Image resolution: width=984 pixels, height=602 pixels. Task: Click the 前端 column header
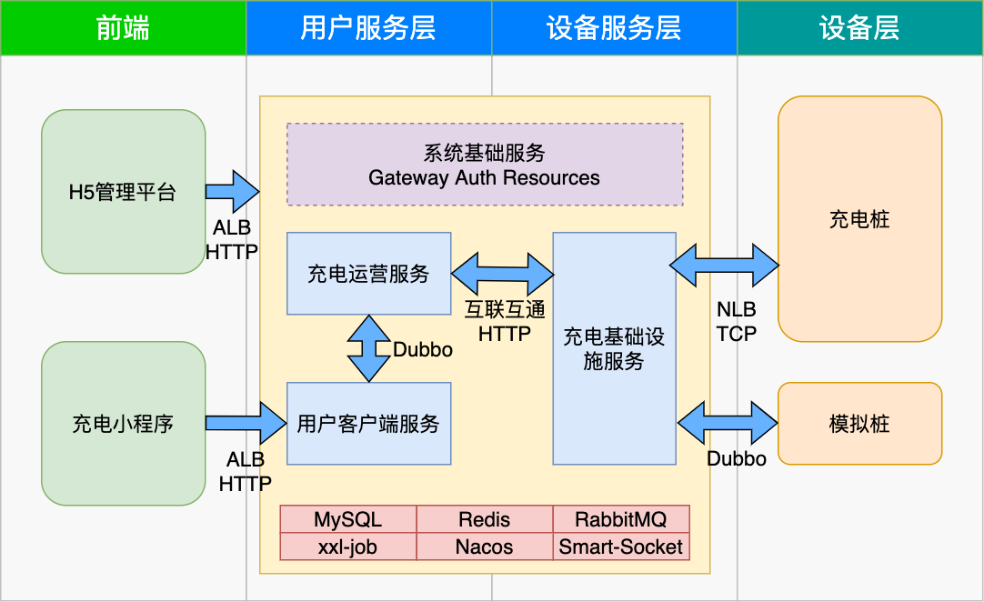click(x=123, y=27)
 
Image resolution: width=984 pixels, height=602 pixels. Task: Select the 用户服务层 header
click(x=368, y=27)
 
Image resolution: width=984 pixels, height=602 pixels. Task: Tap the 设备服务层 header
click(x=614, y=27)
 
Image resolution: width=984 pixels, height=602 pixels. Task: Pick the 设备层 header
click(x=859, y=27)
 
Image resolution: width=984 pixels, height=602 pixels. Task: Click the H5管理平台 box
click(x=123, y=192)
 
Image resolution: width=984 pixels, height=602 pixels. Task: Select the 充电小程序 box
click(x=123, y=424)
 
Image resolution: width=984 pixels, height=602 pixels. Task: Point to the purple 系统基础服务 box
click(x=485, y=165)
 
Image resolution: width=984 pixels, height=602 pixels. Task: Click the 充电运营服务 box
click(x=368, y=274)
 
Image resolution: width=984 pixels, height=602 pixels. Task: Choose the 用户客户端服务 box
click(x=368, y=424)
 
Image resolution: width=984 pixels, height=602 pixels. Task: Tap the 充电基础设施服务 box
click(x=614, y=348)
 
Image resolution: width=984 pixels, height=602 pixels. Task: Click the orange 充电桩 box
click(x=859, y=219)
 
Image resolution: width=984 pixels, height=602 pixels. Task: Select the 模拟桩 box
click(x=859, y=424)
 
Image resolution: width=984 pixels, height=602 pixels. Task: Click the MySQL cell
click(x=347, y=519)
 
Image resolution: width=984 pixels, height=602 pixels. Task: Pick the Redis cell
click(x=485, y=519)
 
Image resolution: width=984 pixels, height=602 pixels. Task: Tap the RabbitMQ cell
click(x=620, y=519)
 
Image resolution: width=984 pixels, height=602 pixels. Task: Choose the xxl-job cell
click(x=347, y=547)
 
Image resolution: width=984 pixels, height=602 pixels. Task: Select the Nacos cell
click(x=485, y=547)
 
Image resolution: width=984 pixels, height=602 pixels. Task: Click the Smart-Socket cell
click(x=620, y=547)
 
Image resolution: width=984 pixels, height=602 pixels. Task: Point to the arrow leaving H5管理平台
click(x=232, y=192)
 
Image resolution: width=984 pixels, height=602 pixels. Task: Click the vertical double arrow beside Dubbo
click(x=368, y=348)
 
